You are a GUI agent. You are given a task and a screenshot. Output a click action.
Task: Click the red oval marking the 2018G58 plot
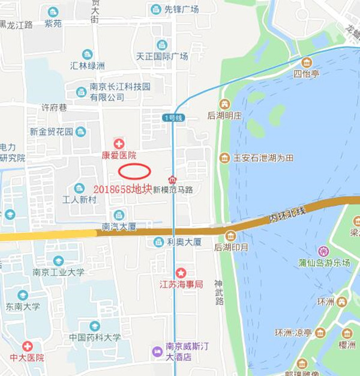[134, 171]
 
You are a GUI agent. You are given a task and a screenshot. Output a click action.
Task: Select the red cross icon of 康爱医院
[119, 144]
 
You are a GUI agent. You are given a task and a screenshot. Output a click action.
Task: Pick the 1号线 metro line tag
[173, 118]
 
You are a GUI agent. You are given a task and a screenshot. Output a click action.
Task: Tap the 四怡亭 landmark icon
[307, 62]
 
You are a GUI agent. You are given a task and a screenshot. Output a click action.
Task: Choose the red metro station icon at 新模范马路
[173, 180]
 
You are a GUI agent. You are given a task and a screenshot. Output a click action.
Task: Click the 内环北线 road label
[287, 213]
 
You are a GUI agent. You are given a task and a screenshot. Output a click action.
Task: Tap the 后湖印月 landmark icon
[230, 235]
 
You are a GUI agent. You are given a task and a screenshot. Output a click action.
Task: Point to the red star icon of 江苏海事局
[181, 273]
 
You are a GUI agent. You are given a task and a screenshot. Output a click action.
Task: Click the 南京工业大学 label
[58, 272]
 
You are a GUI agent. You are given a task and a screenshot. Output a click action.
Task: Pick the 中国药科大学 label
[95, 338]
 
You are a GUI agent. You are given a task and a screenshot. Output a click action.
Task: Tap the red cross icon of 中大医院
[27, 347]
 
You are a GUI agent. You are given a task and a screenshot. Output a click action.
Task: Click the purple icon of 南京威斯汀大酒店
[157, 351]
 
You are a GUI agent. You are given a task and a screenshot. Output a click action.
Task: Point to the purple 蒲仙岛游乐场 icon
[324, 250]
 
